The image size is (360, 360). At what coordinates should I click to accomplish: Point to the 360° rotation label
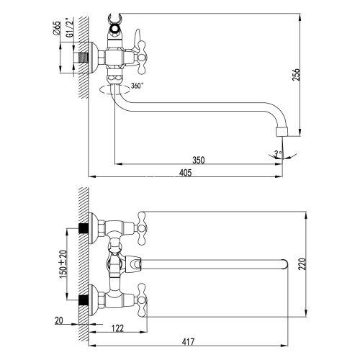[x=137, y=86]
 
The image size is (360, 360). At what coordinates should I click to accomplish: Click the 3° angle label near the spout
[x=276, y=152]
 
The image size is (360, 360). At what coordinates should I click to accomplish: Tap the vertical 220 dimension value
[x=307, y=264]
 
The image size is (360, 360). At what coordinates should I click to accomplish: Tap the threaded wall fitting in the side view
[x=86, y=55]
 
